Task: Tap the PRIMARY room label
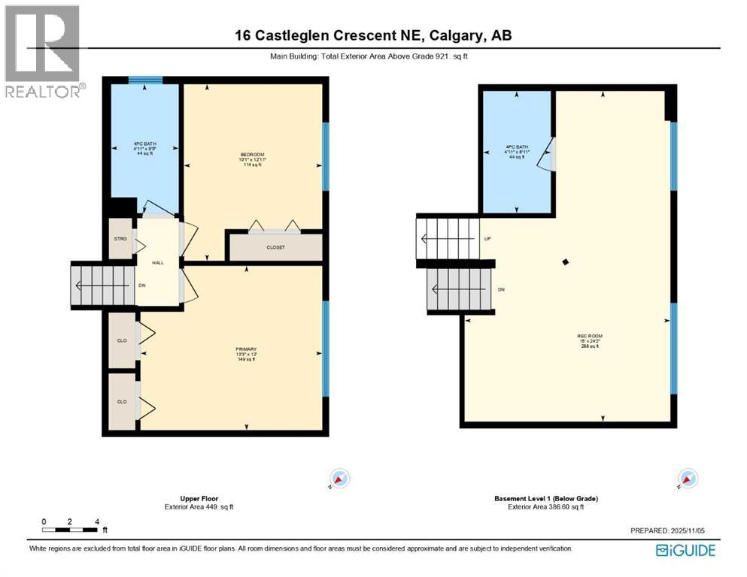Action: [246, 349]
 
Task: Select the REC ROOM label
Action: [590, 336]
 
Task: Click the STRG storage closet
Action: [119, 239]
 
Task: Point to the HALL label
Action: [157, 263]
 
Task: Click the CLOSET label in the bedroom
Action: [275, 247]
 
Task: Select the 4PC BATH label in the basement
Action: [518, 147]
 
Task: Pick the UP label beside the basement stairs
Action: [487, 240]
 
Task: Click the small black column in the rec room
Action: [566, 261]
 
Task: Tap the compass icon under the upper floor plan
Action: [340, 479]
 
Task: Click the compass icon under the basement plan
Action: [687, 479]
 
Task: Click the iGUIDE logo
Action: [685, 551]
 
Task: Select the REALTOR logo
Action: [42, 51]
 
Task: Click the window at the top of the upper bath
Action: [144, 80]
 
